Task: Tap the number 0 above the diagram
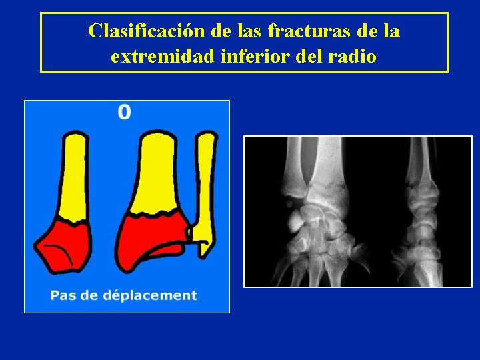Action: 125,111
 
